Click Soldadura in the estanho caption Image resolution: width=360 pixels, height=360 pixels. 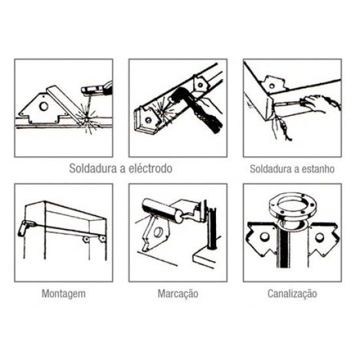[271, 168]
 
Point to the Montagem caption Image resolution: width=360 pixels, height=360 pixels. [63, 293]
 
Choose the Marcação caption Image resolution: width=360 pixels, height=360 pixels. [178, 293]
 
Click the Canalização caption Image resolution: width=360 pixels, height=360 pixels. [292, 293]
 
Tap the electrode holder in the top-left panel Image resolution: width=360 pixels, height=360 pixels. [95, 88]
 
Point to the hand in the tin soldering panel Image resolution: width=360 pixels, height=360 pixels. [321, 103]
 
